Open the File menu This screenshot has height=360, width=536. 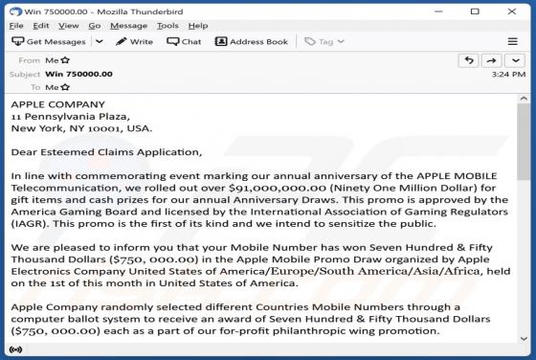[x=16, y=26]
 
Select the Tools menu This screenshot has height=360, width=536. [x=167, y=26]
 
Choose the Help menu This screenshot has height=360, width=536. [x=198, y=26]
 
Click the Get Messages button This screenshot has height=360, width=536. [x=50, y=42]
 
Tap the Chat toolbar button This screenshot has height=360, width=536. [x=184, y=42]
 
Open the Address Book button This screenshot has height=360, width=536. [x=252, y=42]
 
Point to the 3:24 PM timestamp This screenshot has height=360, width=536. [x=507, y=74]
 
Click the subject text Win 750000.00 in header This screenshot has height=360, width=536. [x=79, y=74]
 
